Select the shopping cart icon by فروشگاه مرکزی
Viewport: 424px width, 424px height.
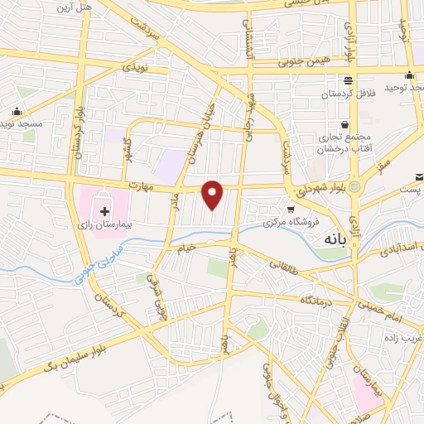(x=291, y=209)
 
